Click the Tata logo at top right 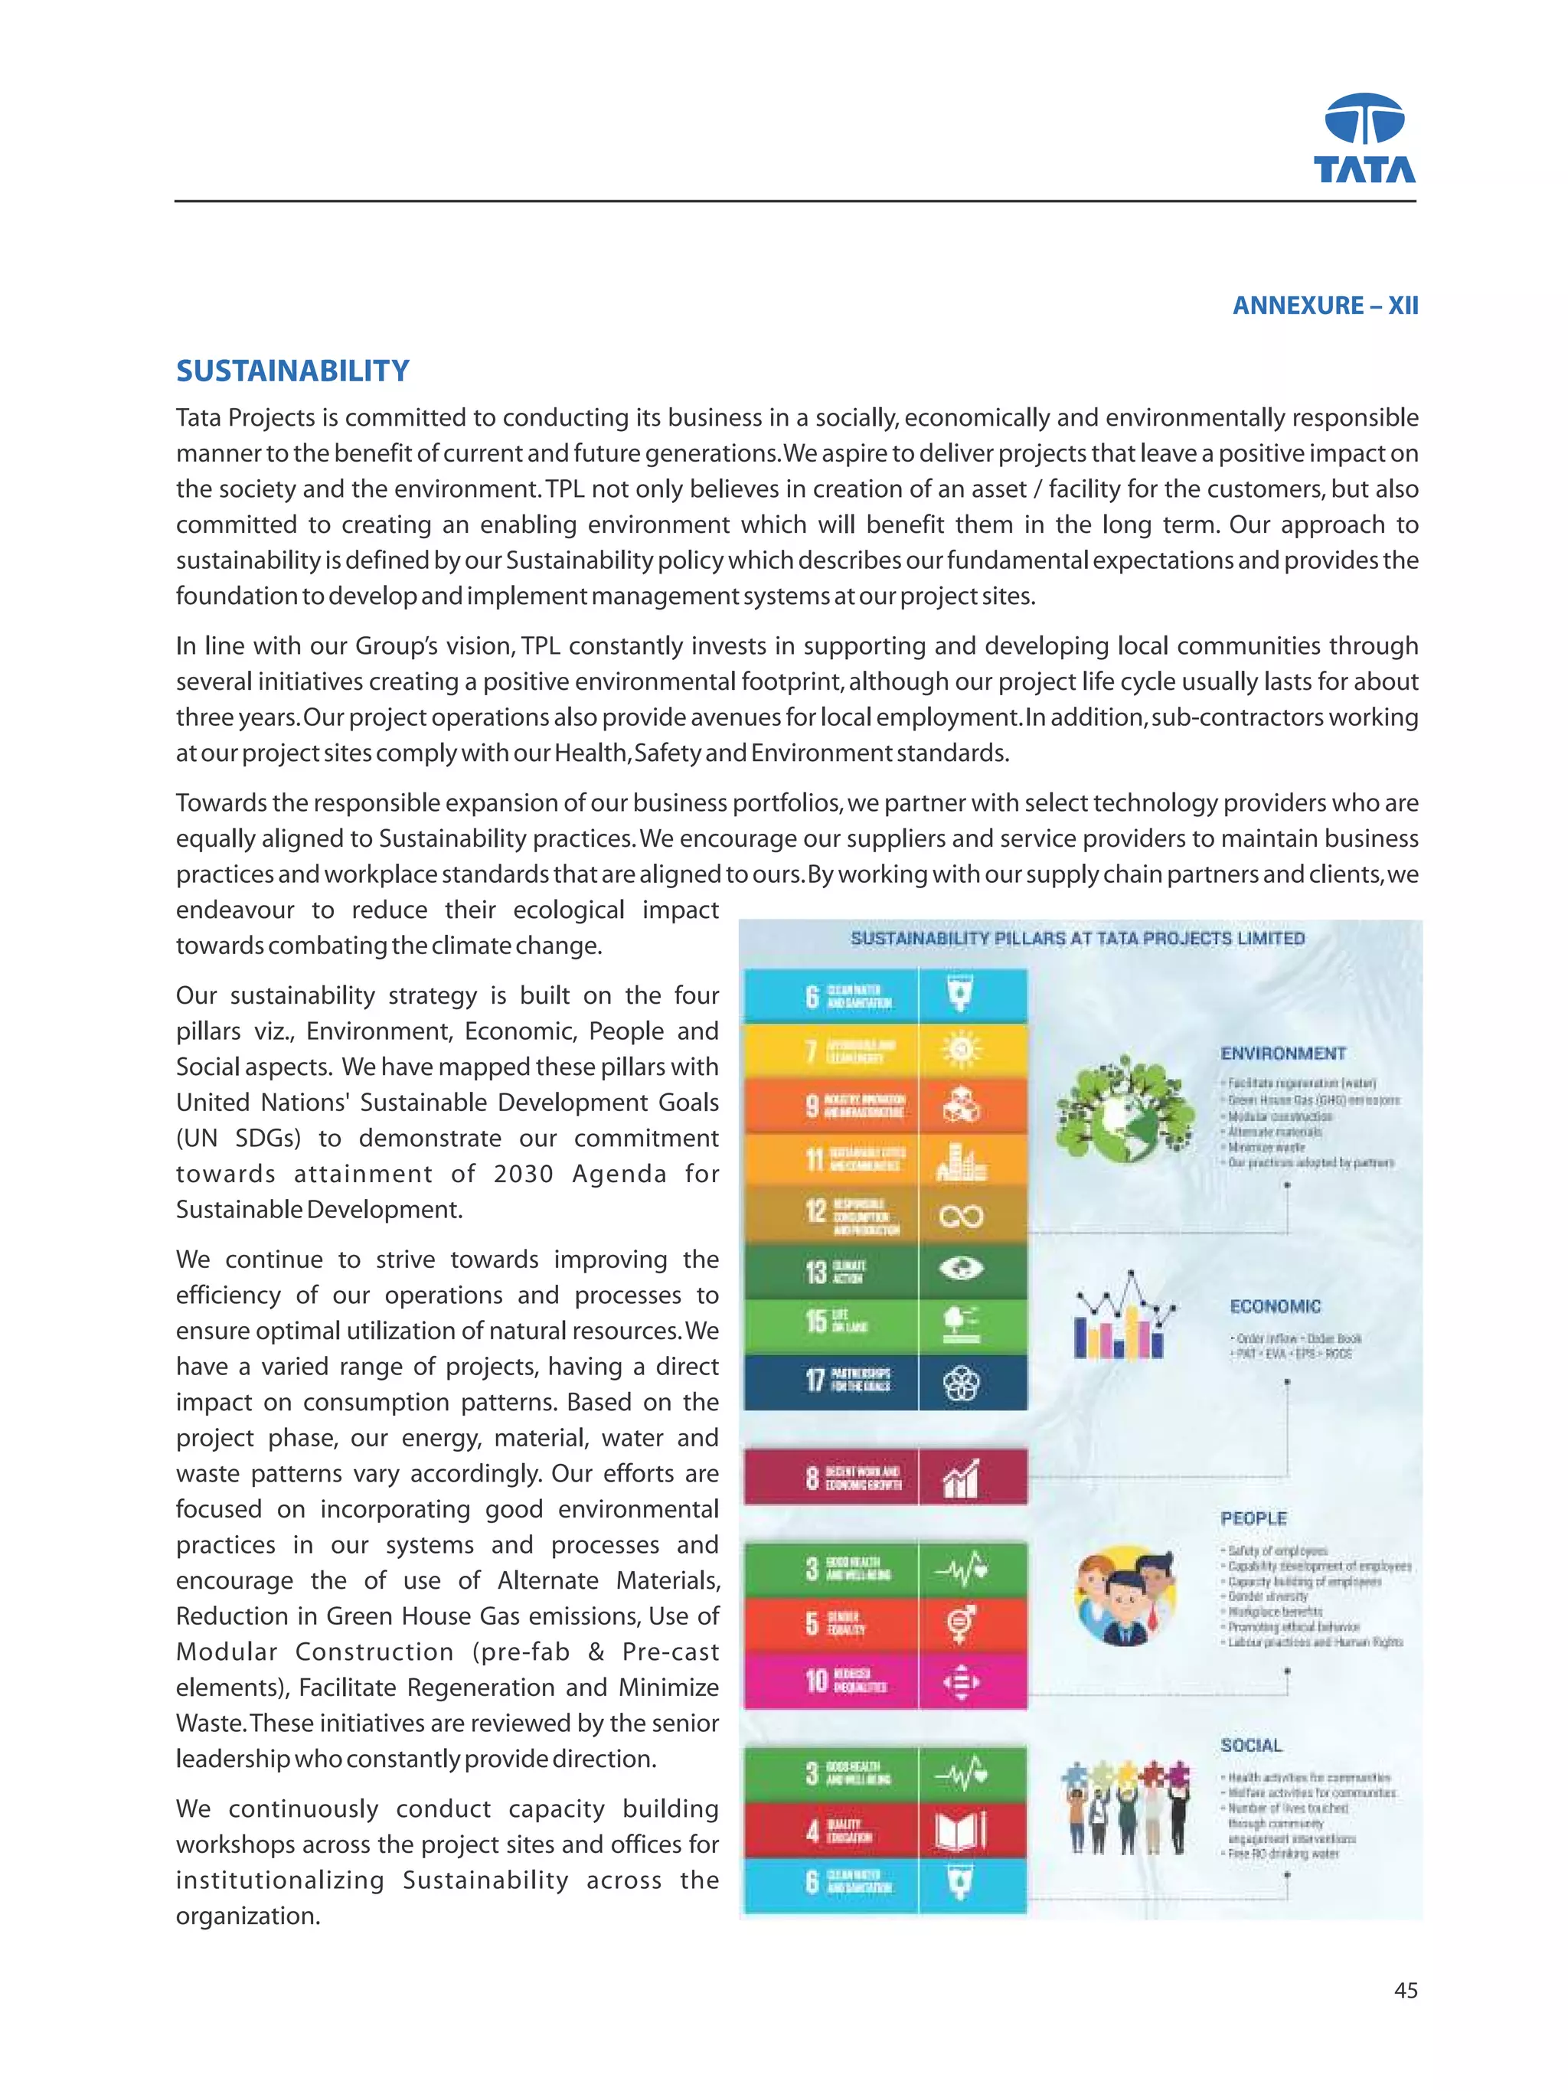point(1364,138)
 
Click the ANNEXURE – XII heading point(1325,305)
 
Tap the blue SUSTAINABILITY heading point(293,371)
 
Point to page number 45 point(1404,1990)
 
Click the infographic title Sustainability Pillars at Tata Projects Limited point(1076,938)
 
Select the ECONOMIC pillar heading point(1274,1305)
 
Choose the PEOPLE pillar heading point(1253,1518)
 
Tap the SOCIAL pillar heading point(1250,1744)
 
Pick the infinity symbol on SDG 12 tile point(961,1216)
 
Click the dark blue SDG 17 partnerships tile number point(815,1380)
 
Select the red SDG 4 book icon point(960,1831)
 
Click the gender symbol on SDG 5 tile point(960,1624)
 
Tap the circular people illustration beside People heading point(1124,1595)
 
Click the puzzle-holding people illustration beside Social point(1125,1805)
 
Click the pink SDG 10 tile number point(815,1680)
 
